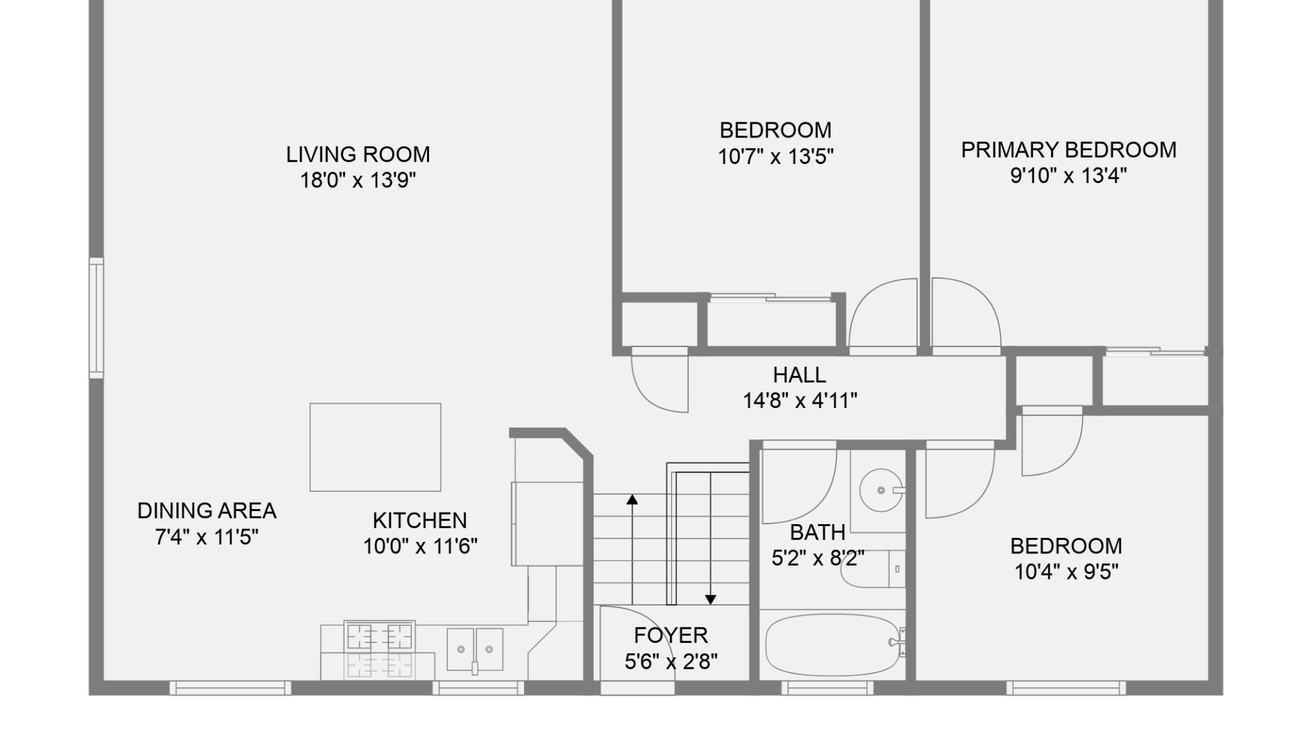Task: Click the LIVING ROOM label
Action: (358, 154)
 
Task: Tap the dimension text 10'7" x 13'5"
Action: (776, 156)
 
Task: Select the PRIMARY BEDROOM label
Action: (1069, 150)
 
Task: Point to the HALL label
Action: (799, 375)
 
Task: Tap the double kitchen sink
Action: (475, 649)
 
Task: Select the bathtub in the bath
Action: (832, 644)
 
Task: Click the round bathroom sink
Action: (880, 490)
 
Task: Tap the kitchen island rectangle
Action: (375, 447)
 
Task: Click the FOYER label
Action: (670, 635)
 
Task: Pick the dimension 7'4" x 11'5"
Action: (206, 537)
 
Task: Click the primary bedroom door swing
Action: (963, 314)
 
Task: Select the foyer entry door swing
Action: (635, 642)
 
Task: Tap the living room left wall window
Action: (96, 318)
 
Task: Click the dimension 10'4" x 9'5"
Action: (1066, 571)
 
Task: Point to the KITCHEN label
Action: (420, 521)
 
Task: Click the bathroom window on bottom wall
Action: (827, 687)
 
